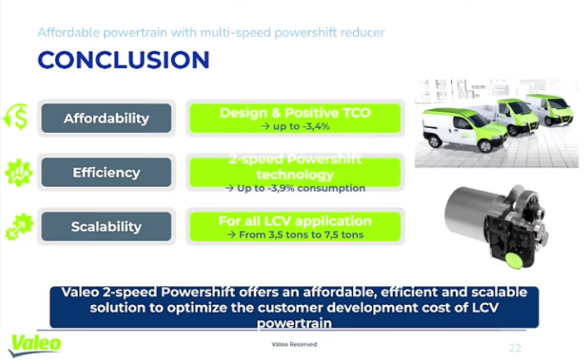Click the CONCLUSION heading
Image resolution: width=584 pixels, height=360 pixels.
click(x=124, y=60)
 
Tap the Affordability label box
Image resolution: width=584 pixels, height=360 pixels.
click(x=106, y=118)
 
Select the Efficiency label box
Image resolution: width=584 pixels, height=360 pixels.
click(x=106, y=172)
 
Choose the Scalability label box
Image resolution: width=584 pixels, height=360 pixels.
click(x=106, y=226)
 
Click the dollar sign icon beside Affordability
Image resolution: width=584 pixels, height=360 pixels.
click(x=16, y=117)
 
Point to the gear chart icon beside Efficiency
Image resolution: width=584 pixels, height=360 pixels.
click(x=18, y=172)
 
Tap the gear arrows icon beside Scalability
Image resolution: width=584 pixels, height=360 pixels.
click(x=19, y=226)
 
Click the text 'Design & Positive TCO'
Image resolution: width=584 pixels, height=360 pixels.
click(x=295, y=112)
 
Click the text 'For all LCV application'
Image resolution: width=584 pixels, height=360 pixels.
click(x=295, y=221)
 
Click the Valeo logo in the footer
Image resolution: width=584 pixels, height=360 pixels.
click(x=34, y=345)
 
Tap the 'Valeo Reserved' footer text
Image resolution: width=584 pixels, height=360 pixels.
click(x=294, y=345)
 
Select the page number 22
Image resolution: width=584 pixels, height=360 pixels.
click(x=515, y=348)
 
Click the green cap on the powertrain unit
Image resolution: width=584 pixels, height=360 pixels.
click(x=514, y=261)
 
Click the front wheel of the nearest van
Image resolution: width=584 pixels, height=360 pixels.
click(x=485, y=146)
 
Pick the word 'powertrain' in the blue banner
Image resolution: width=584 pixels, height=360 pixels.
click(x=294, y=323)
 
